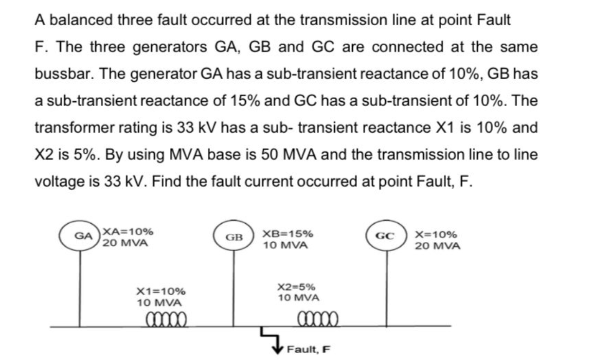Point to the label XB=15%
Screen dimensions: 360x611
coord(288,234)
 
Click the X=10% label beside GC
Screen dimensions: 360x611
coord(436,234)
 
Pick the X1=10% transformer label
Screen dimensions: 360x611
coord(161,291)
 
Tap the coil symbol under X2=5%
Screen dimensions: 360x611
coord(317,320)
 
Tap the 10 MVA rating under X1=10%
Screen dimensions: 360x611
coord(159,303)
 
